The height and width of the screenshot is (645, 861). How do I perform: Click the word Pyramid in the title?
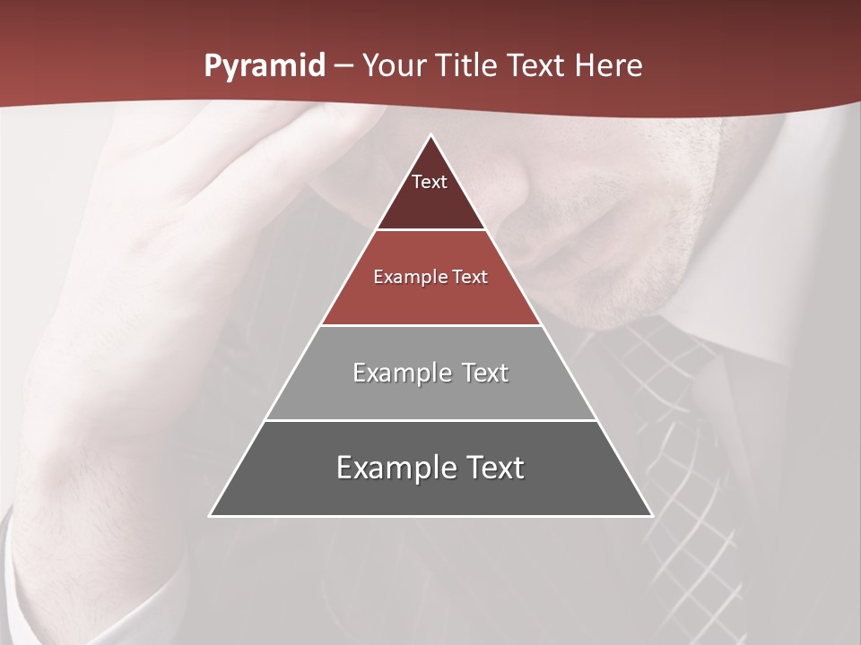click(264, 66)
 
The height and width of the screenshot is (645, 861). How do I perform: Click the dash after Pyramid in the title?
click(344, 66)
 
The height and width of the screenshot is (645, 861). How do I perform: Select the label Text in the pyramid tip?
click(430, 182)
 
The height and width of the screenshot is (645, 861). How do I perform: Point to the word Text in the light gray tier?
click(485, 373)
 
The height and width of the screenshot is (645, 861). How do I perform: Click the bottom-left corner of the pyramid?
click(210, 516)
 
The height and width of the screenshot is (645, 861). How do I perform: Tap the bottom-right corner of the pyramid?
click(652, 516)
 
